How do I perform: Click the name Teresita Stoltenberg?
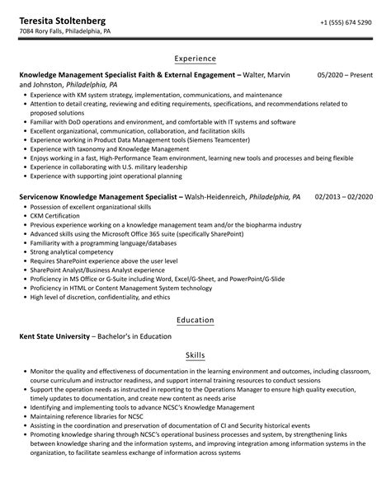[x=68, y=18]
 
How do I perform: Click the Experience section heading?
[x=195, y=59]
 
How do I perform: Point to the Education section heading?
[x=195, y=320]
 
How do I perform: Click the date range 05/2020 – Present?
[x=345, y=75]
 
